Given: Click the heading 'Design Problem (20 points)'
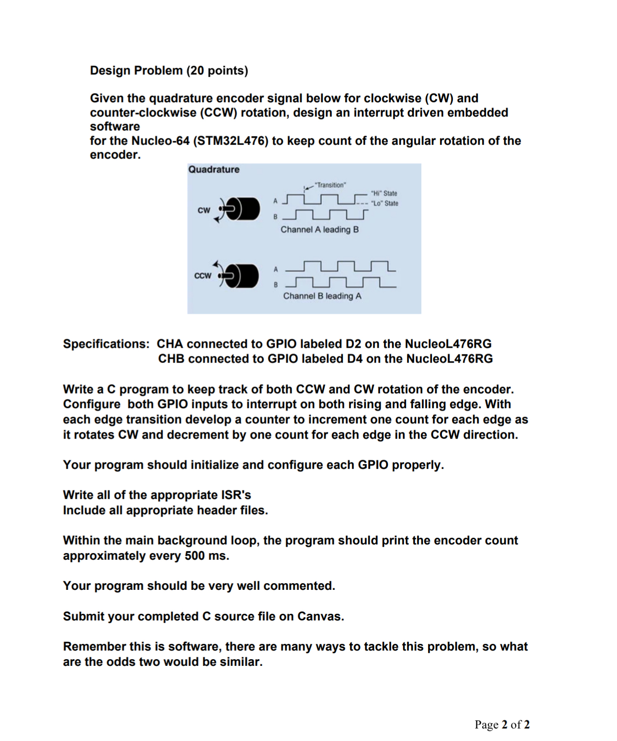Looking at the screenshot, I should pos(169,70).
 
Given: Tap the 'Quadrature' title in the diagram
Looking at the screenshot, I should pos(214,169).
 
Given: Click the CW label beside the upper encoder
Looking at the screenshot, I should pos(204,210).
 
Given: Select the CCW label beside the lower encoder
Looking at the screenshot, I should pos(203,276).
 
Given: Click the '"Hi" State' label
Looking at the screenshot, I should pos(384,193).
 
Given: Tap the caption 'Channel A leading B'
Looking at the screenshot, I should pos(320,230).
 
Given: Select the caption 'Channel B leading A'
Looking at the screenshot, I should pos(322,296).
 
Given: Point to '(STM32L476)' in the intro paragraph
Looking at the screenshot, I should pos(231,141).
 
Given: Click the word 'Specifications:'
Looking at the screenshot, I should pos(106,344).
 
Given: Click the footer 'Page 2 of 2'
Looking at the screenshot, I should pos(502,724).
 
